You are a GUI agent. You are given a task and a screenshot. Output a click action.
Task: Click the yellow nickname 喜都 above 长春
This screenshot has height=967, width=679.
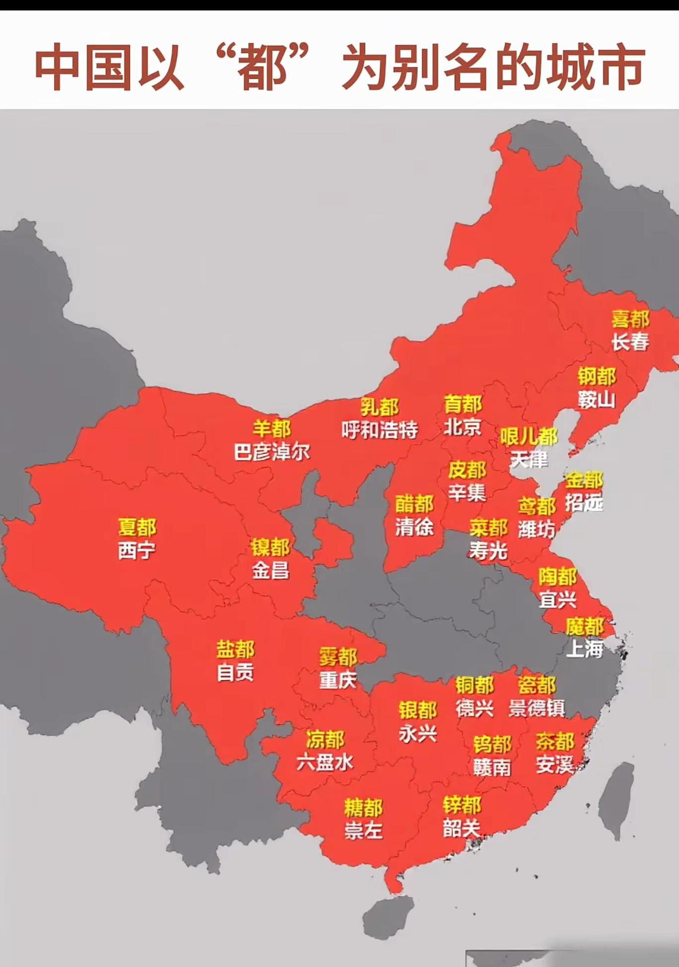pyautogui.click(x=630, y=320)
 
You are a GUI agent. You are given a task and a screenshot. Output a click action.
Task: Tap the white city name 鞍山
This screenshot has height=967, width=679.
pyautogui.click(x=597, y=400)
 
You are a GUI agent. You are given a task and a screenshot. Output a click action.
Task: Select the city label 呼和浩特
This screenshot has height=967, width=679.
pyautogui.click(x=380, y=430)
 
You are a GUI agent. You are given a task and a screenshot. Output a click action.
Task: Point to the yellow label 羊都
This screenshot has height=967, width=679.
pyautogui.click(x=272, y=428)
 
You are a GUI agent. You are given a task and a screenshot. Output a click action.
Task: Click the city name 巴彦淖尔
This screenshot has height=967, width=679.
pyautogui.click(x=272, y=452)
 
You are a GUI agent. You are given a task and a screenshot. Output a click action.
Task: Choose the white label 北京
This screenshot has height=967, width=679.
pyautogui.click(x=463, y=427)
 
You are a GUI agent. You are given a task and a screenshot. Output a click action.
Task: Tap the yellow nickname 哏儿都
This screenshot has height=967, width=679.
pyautogui.click(x=528, y=437)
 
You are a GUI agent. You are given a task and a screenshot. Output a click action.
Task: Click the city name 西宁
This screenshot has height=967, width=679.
pyautogui.click(x=137, y=550)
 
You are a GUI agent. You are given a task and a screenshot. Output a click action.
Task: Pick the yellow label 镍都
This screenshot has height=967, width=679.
pyautogui.click(x=271, y=547)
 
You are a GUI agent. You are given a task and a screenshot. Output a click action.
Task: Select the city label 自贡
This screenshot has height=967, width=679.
pyautogui.click(x=236, y=673)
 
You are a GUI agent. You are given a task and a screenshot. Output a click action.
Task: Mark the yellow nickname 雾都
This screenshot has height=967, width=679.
pyautogui.click(x=338, y=657)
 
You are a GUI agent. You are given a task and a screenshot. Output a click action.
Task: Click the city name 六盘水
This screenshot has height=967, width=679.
pyautogui.click(x=325, y=763)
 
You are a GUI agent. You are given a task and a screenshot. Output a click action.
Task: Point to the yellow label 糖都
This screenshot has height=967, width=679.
pyautogui.click(x=363, y=807)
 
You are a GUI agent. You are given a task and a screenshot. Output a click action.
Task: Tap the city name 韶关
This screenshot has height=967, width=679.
pyautogui.click(x=462, y=828)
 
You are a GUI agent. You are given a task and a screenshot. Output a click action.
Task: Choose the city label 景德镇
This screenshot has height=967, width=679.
pyautogui.click(x=537, y=708)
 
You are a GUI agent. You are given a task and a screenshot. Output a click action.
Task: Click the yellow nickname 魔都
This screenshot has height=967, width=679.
pyautogui.click(x=585, y=627)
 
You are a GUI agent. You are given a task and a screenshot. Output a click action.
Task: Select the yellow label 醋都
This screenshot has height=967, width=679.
pyautogui.click(x=414, y=504)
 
